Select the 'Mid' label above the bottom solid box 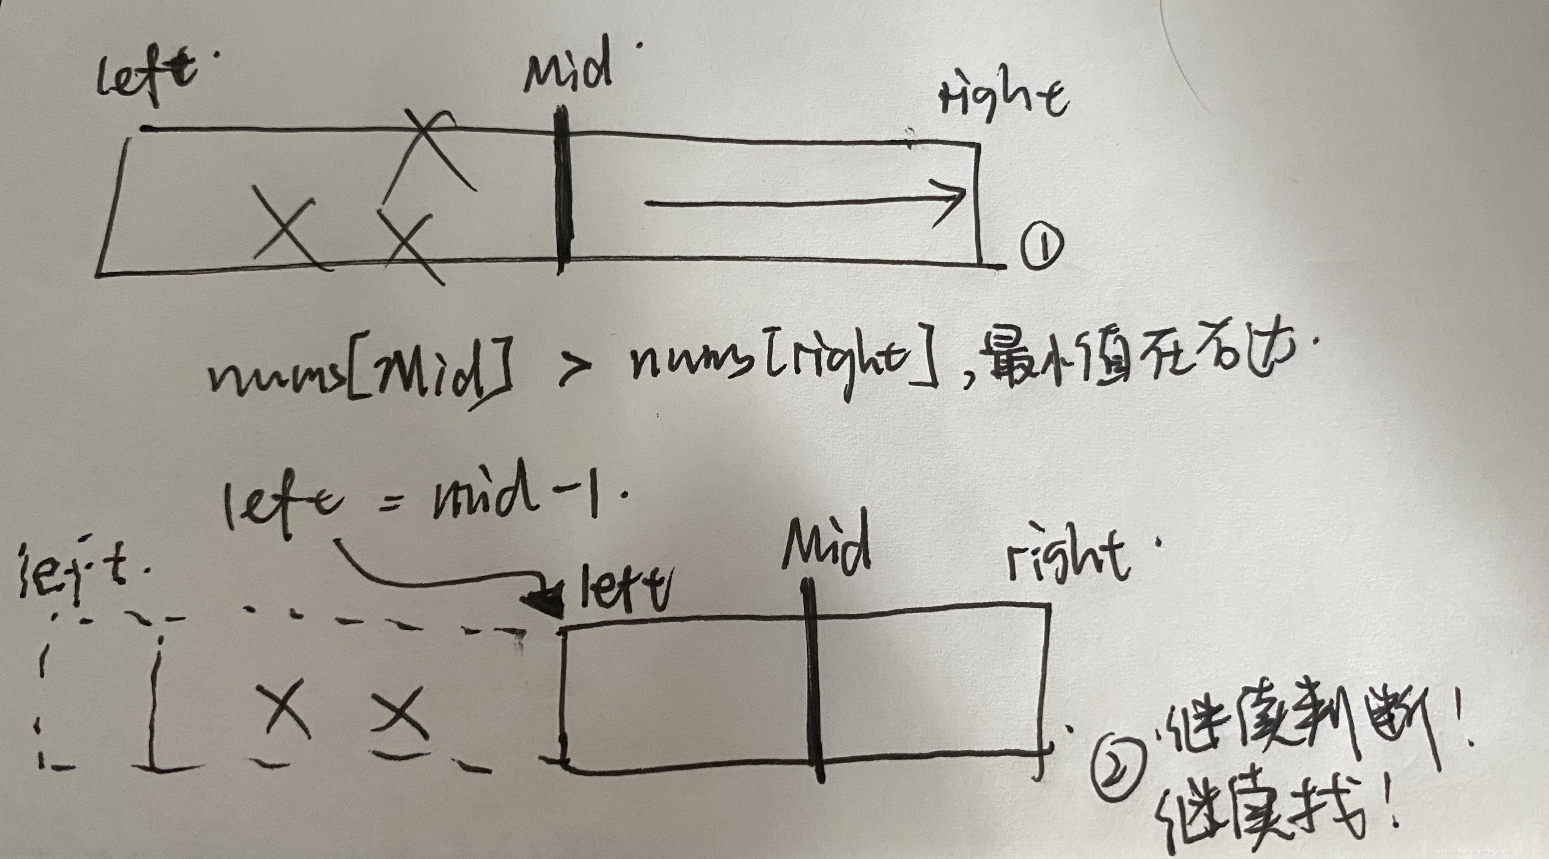click(x=827, y=547)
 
